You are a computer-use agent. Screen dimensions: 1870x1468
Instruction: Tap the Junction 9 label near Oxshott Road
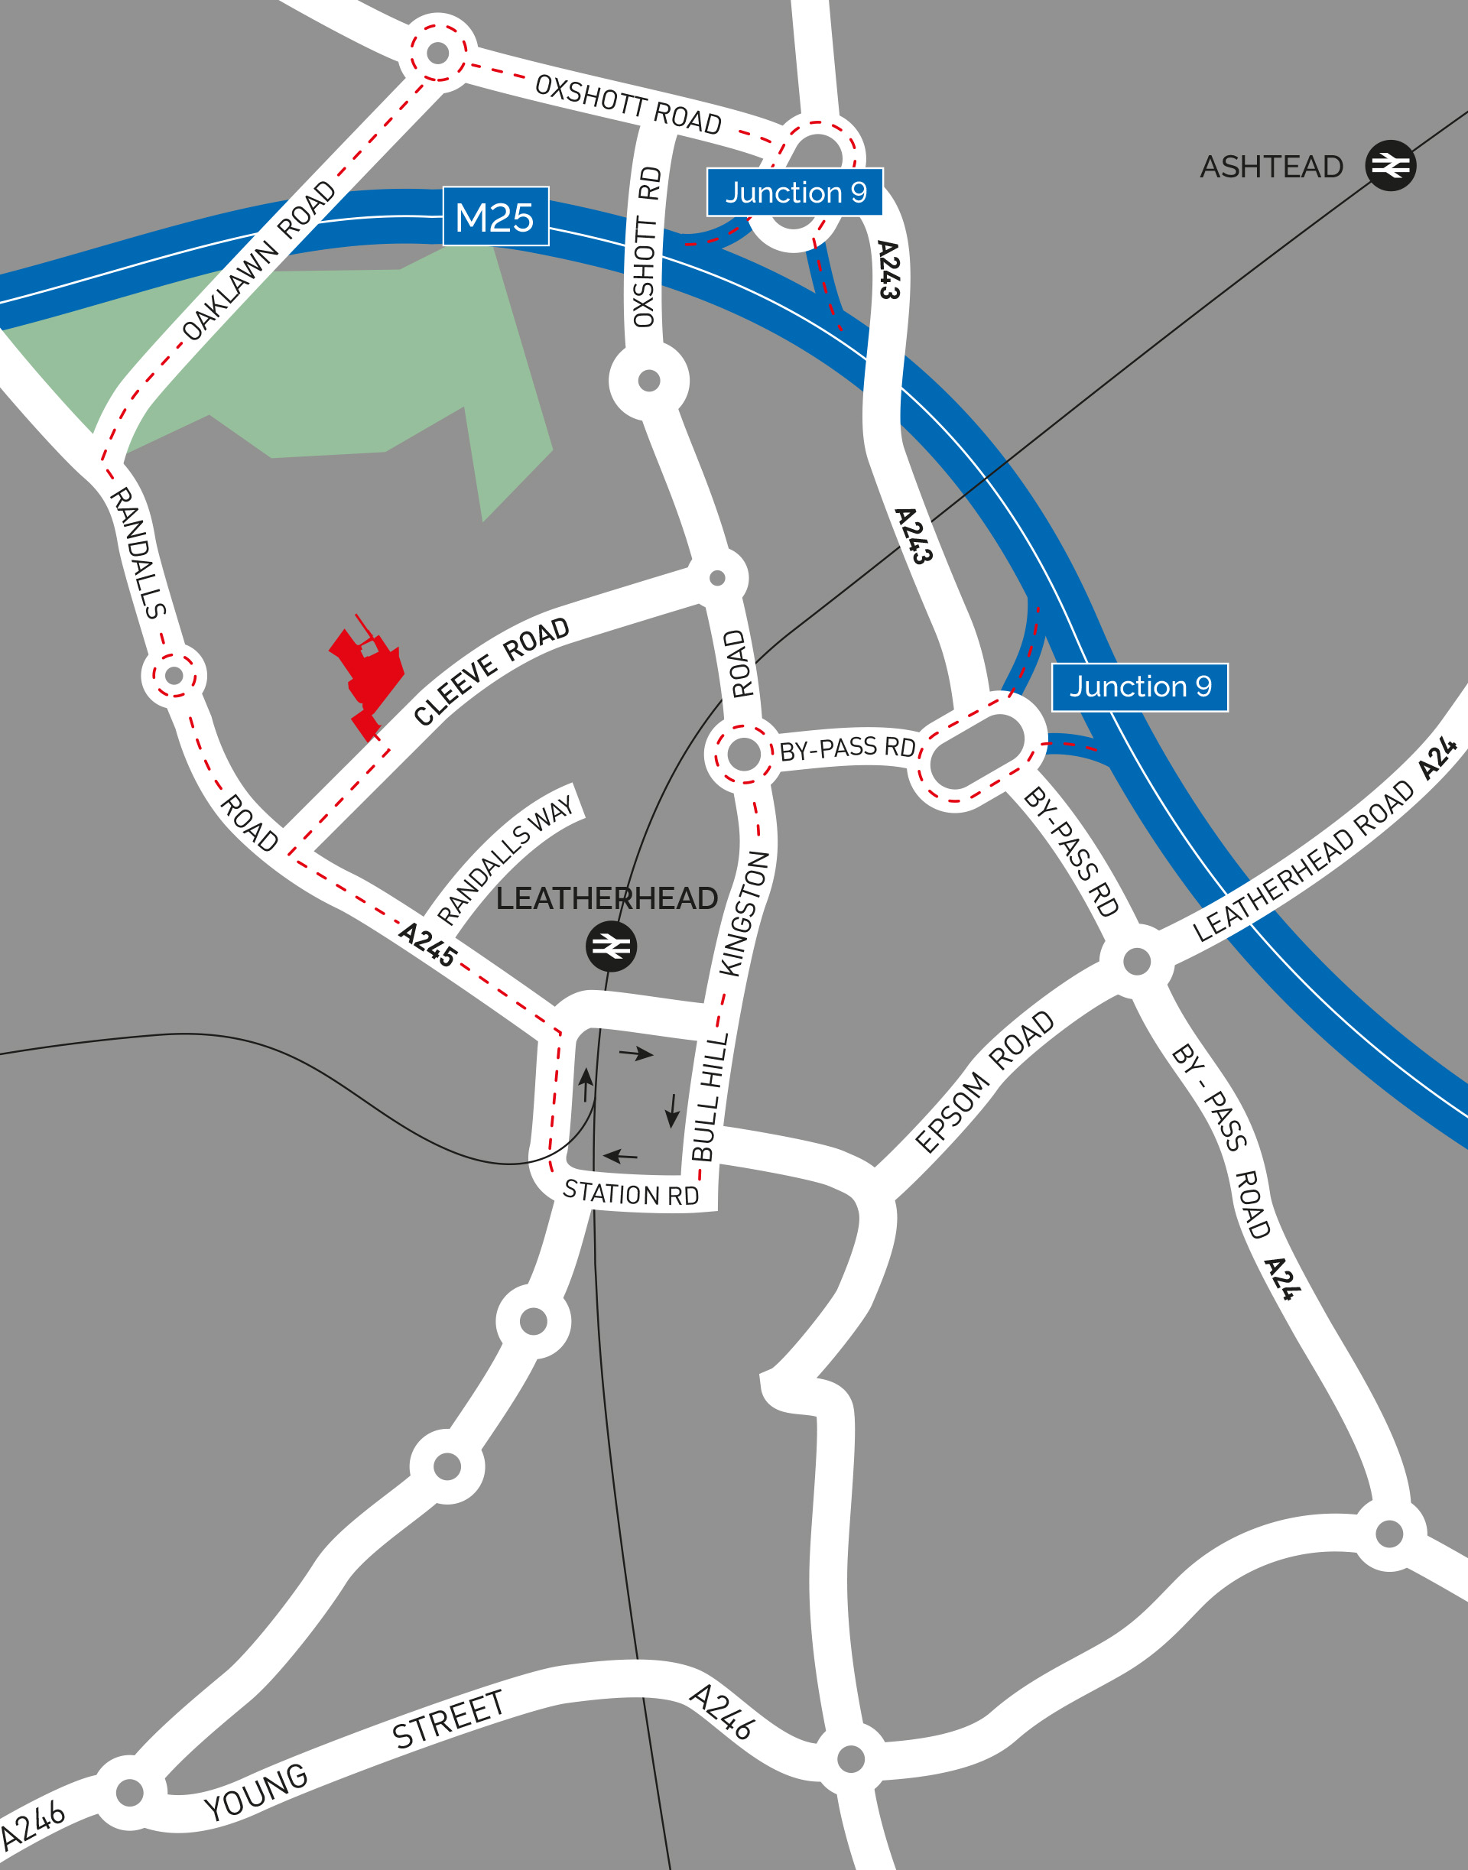click(795, 193)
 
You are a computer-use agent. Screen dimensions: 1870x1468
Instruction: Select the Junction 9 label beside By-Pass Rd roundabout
click(1140, 687)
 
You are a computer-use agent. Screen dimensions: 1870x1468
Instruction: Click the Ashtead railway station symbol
click(1390, 165)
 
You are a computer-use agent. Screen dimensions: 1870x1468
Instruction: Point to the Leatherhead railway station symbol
click(611, 946)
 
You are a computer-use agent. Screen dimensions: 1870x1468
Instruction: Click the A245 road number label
click(427, 944)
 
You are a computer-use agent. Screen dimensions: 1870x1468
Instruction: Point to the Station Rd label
click(631, 1193)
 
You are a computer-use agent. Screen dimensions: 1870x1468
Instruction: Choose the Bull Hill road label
click(710, 1097)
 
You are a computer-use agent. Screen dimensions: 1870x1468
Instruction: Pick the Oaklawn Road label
click(258, 261)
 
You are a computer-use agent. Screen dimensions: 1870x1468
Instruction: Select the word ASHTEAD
click(1272, 167)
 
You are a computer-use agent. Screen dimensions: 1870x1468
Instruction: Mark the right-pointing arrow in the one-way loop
click(636, 1053)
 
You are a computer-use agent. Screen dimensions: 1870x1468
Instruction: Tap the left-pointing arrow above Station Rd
click(621, 1156)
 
